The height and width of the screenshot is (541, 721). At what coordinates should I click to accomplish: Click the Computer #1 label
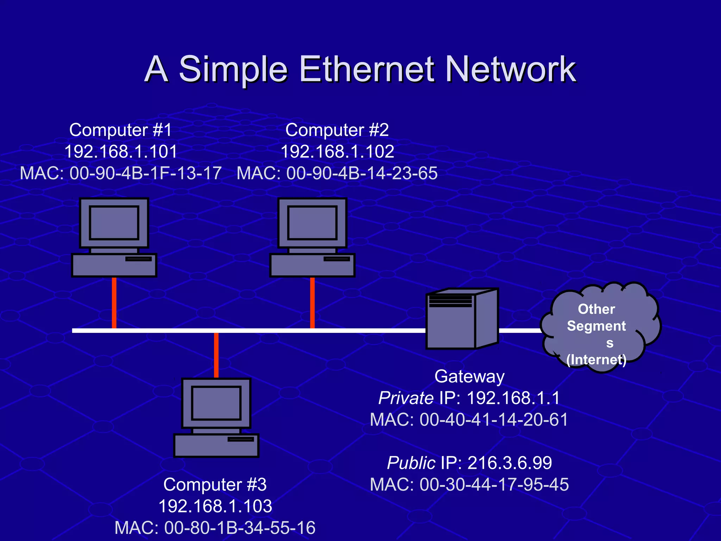click(x=120, y=130)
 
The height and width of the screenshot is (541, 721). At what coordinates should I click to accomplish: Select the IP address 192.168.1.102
click(x=337, y=152)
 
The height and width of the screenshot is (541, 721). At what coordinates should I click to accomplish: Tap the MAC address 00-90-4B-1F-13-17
click(x=145, y=173)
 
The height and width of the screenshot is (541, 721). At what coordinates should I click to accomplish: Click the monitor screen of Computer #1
click(x=114, y=223)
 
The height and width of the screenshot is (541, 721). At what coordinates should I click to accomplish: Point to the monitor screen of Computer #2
click(x=312, y=223)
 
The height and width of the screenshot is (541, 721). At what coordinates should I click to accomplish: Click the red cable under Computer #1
click(x=114, y=303)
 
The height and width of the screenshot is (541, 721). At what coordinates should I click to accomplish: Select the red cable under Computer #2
click(x=312, y=303)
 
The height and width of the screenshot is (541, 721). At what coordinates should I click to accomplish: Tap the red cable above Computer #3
click(x=216, y=355)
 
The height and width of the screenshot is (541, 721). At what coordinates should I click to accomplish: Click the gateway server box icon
click(x=462, y=319)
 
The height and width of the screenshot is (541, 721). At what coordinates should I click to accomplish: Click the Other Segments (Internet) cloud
click(x=598, y=328)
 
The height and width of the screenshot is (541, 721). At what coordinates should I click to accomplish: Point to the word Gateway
click(x=469, y=376)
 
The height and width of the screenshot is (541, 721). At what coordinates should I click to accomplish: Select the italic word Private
click(x=406, y=398)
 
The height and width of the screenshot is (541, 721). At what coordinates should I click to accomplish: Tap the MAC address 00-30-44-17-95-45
click(x=494, y=484)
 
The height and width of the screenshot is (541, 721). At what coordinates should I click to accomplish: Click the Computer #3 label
click(x=215, y=484)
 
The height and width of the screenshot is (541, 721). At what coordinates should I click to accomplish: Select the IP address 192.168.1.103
click(x=215, y=506)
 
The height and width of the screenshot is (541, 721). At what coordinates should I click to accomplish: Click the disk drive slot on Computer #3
click(x=240, y=439)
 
